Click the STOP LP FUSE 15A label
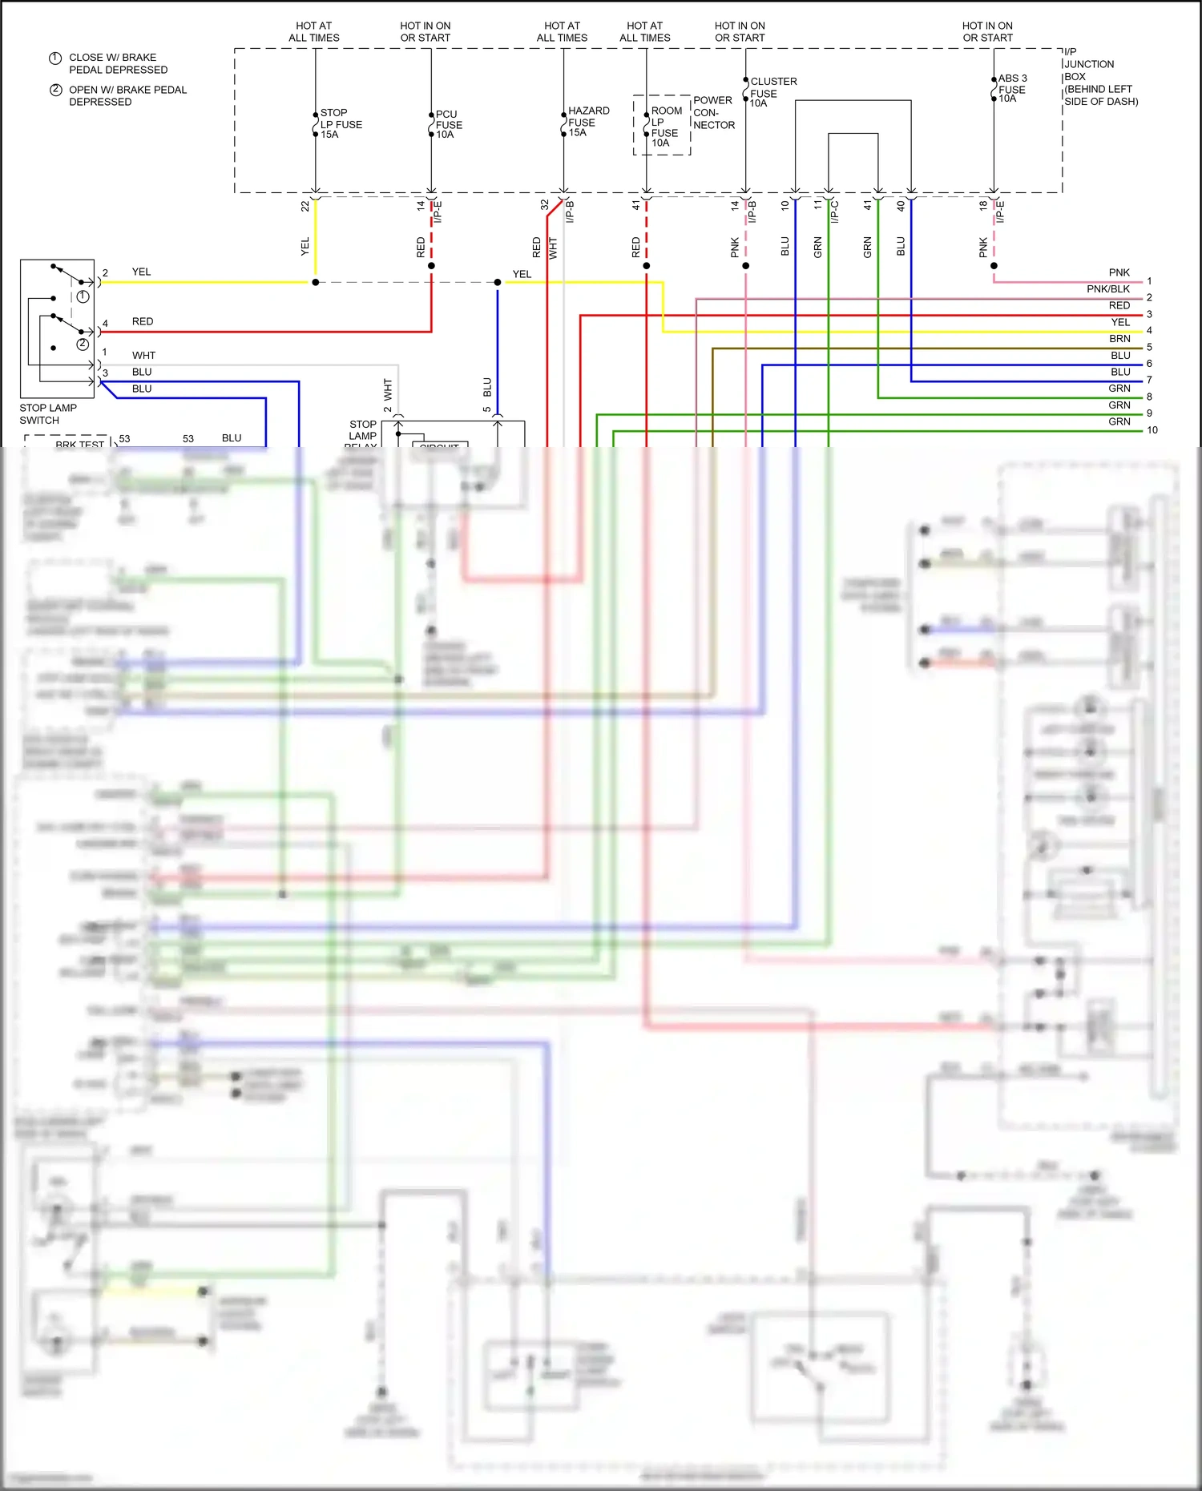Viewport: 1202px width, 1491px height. (x=341, y=124)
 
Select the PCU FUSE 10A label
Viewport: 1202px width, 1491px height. (x=449, y=125)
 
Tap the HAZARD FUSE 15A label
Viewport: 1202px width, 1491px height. (x=588, y=122)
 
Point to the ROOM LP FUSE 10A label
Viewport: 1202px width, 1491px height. (x=665, y=127)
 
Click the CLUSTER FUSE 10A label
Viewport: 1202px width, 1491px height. (x=772, y=92)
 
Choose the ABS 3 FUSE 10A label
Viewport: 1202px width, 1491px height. (x=1011, y=88)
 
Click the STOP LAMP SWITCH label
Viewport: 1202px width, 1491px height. (x=48, y=413)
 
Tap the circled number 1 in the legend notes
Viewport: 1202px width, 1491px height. (x=55, y=58)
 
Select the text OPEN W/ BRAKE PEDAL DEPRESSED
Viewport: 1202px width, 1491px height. (x=127, y=95)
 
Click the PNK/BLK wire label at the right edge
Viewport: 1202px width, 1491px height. (x=1107, y=289)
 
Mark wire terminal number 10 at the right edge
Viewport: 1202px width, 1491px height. (x=1152, y=430)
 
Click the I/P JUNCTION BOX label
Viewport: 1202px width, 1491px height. (x=1099, y=76)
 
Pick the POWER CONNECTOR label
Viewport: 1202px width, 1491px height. (x=713, y=112)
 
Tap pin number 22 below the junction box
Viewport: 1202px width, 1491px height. (x=305, y=206)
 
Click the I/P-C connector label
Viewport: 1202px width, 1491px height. (x=834, y=211)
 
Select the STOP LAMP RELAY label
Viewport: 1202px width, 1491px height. (x=362, y=433)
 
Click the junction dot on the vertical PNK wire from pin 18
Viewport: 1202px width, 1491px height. (x=994, y=265)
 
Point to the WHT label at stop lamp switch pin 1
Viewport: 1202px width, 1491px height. (x=143, y=356)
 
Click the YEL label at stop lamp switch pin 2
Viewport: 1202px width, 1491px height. (x=141, y=272)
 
